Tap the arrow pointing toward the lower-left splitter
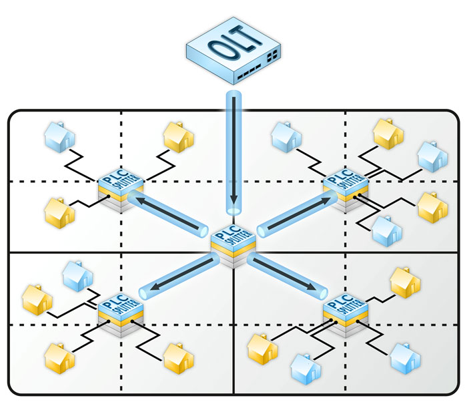[177, 276]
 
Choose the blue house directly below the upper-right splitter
[388, 230]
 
